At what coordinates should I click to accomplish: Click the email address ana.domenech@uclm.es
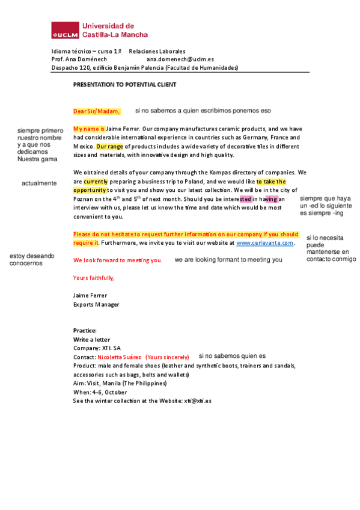coord(180,60)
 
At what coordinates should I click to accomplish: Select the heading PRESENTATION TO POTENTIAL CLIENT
coord(124,85)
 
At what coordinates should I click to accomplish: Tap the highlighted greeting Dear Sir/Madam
coord(96,111)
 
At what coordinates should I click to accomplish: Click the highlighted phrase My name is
coord(89,129)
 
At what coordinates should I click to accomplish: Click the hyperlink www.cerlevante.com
coord(264,243)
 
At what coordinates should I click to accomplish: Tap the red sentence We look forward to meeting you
coord(118,260)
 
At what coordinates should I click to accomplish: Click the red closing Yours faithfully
coord(93,278)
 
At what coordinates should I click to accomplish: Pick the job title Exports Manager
coord(96,304)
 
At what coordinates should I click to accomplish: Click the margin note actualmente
coord(39,183)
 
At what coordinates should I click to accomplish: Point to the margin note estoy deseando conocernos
coord(31,259)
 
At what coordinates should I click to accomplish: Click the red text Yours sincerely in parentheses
coord(167,357)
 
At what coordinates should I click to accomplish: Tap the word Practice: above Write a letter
coord(85,331)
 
